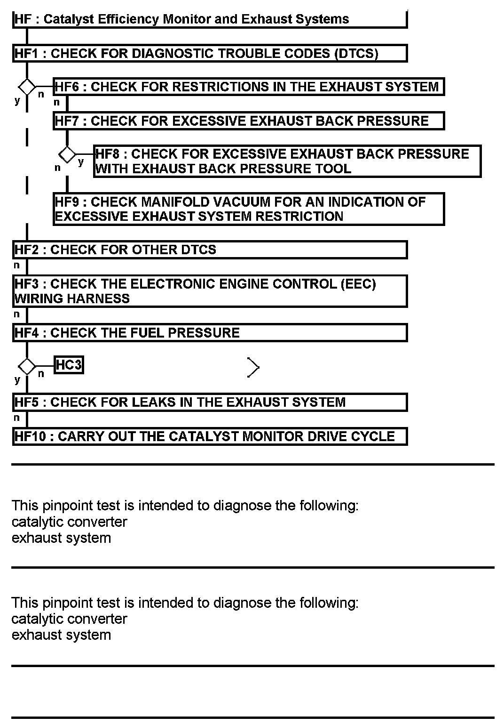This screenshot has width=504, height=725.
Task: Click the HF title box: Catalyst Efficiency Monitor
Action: [x=209, y=19]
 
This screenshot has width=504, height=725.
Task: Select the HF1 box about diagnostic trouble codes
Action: [x=209, y=53]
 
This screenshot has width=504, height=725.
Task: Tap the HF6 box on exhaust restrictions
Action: [x=248, y=87]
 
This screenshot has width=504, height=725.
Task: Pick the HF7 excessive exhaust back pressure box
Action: [x=248, y=121]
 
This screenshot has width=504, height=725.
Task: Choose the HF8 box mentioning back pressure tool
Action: [x=287, y=161]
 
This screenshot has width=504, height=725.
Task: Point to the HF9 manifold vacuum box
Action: [x=248, y=209]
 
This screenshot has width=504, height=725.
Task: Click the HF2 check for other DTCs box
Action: [x=209, y=250]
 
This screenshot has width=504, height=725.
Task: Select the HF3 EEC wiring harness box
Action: [x=209, y=291]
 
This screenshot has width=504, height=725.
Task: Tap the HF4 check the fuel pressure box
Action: [x=209, y=333]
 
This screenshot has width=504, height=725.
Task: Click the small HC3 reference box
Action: [x=69, y=365]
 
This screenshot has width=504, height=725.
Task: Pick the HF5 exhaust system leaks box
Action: [x=209, y=402]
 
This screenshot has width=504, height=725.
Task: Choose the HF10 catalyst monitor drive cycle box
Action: [x=209, y=436]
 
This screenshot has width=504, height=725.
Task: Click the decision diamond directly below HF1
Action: [x=27, y=87]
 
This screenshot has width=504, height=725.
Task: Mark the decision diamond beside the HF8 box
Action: [x=67, y=154]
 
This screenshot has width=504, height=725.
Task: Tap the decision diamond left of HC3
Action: [x=27, y=366]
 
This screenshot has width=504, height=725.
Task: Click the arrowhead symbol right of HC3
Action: [x=253, y=367]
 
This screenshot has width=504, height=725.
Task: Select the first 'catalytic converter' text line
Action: [x=69, y=522]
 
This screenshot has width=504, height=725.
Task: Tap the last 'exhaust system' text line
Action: [x=61, y=635]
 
